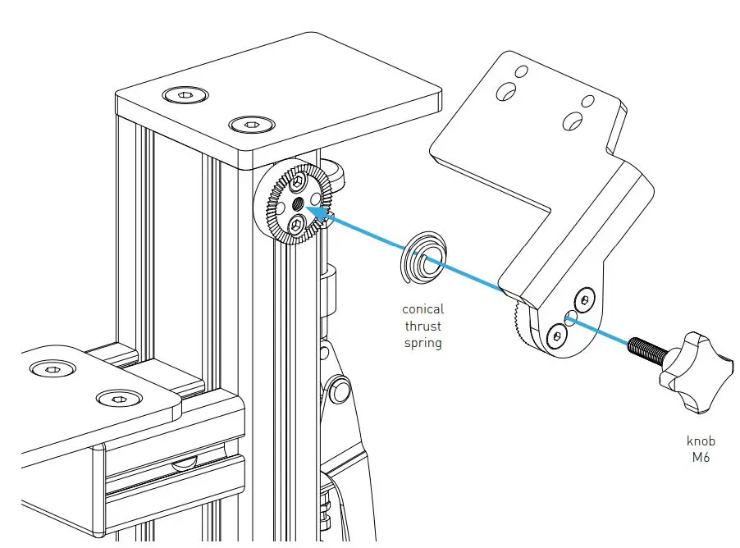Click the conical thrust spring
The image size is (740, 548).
[x=423, y=261]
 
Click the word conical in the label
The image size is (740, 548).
[x=423, y=309]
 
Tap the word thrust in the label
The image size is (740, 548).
[x=423, y=326]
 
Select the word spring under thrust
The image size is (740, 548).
[x=423, y=343]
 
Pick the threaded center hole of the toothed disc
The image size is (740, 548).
[x=296, y=202]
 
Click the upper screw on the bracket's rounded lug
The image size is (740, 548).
[x=583, y=299]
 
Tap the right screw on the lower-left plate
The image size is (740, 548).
[x=113, y=399]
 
